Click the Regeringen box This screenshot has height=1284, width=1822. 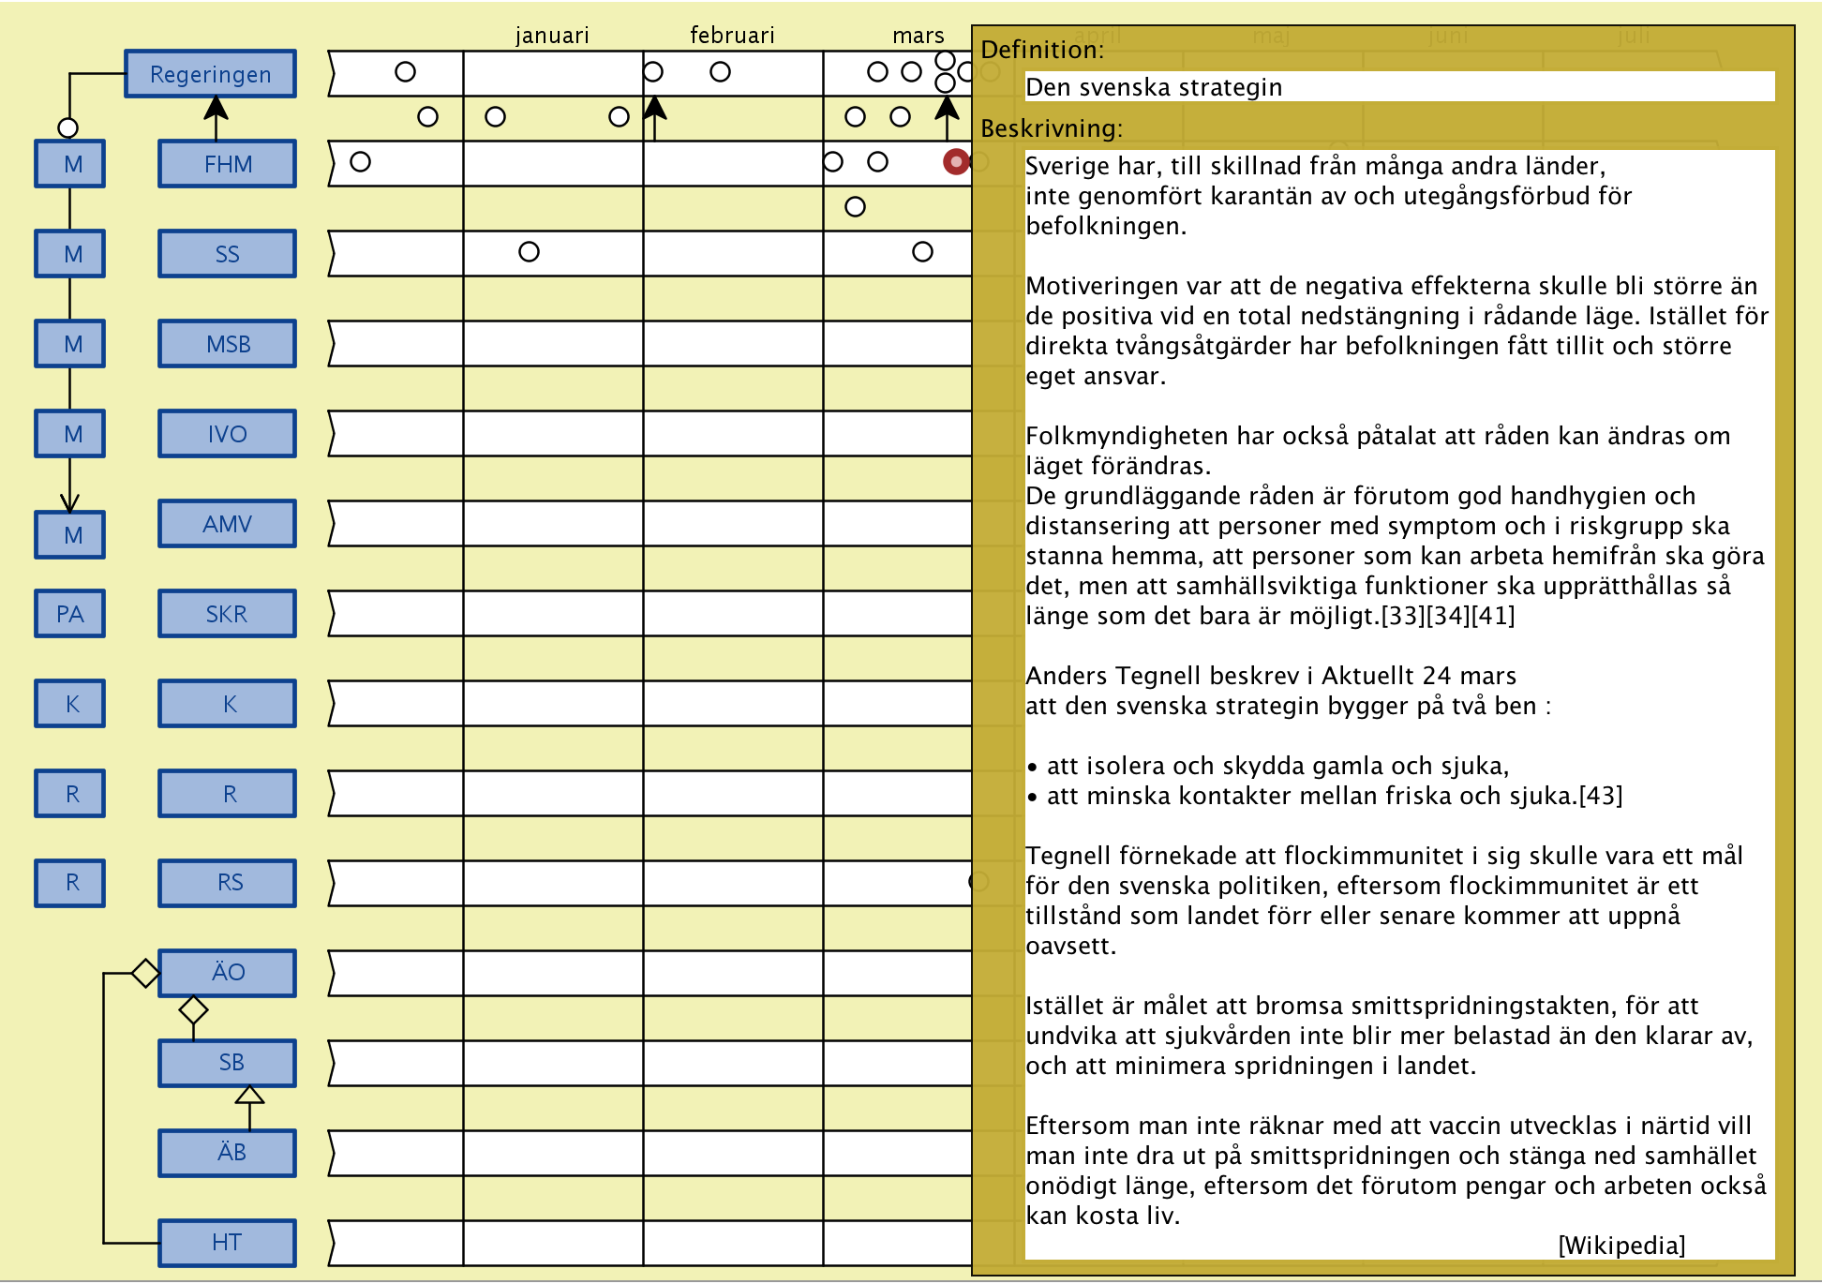pos(210,74)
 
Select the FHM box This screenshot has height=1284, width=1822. pos(227,164)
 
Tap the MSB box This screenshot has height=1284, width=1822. pos(227,344)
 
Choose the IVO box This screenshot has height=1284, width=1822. pos(227,434)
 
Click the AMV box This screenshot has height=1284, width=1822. pos(227,524)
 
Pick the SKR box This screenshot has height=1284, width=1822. pos(227,614)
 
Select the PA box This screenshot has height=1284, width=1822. pos(70,614)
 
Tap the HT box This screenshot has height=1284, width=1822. pos(227,1243)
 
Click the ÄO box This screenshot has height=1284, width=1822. pos(227,973)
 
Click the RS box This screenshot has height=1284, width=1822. pos(229,883)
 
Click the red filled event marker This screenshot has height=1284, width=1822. pos(955,161)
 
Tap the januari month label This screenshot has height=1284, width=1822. pos(552,36)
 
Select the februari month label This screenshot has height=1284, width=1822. pos(732,36)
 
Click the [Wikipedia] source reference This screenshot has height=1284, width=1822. pos(1620,1245)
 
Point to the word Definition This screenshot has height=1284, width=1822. pos(1041,51)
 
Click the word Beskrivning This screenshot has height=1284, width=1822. pos(1051,128)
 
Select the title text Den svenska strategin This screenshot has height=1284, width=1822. pos(1154,87)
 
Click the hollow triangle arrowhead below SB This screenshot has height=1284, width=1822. pos(249,1095)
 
